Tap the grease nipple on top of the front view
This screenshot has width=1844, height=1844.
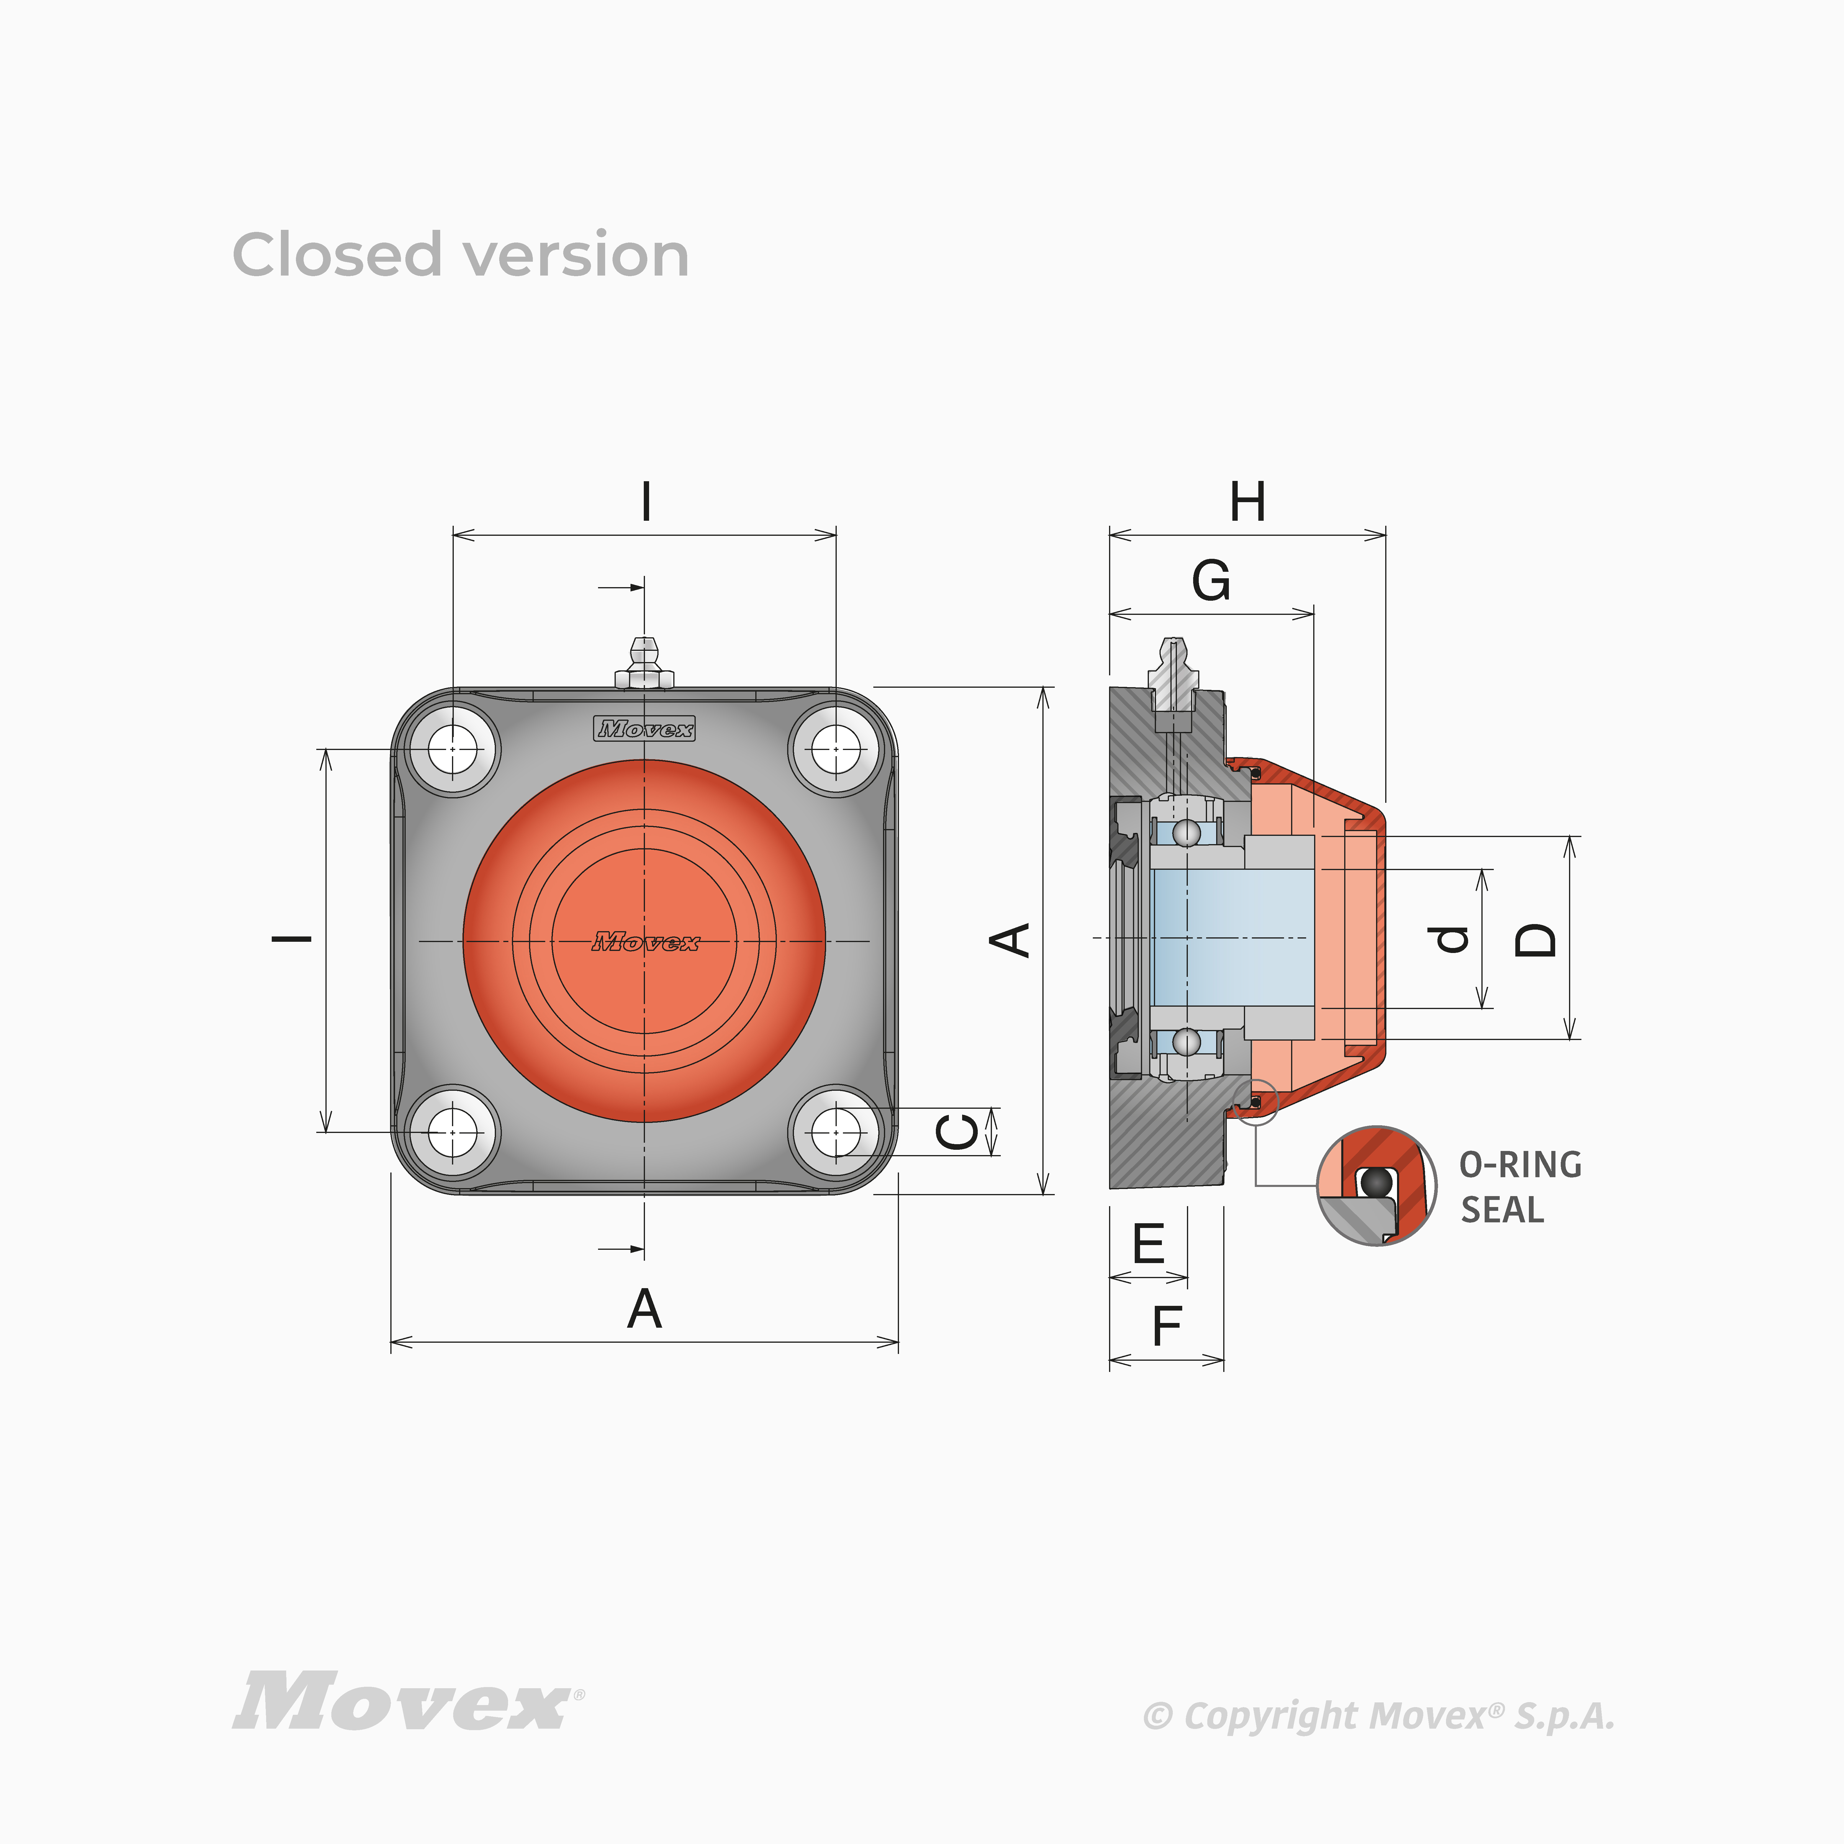point(644,663)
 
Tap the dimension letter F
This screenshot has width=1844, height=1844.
point(1166,1326)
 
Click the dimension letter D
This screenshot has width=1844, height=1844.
point(1536,940)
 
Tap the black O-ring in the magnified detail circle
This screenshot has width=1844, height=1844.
point(1375,1182)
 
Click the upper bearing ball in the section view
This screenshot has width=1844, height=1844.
point(1186,832)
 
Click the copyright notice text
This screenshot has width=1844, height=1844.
point(1378,1716)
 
